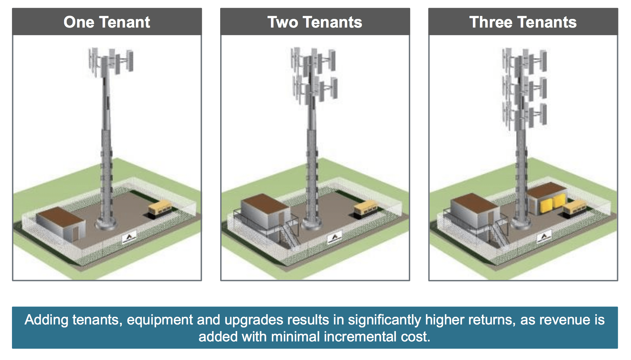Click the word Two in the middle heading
coord(283,22)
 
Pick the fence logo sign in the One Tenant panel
coord(129,237)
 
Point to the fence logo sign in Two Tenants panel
coord(334,238)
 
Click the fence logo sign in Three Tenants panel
coord(544,237)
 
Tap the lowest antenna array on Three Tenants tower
coord(524,116)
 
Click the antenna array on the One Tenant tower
coord(110,61)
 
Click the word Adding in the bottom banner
coord(47,320)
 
